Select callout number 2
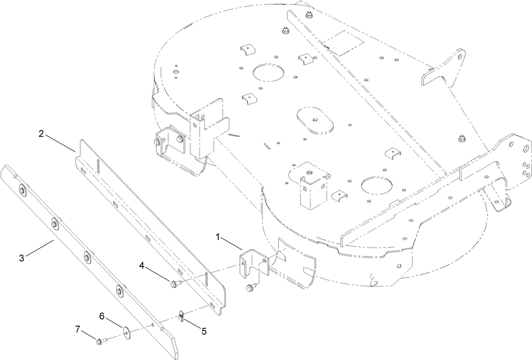click(x=41, y=134)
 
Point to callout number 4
click(x=142, y=266)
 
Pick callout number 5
click(x=204, y=331)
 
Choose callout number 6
click(x=101, y=316)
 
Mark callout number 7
click(x=78, y=329)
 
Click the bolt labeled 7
click(x=100, y=340)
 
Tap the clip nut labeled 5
click(x=181, y=316)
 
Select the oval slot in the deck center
click(x=315, y=121)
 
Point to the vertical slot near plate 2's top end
click(x=96, y=163)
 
